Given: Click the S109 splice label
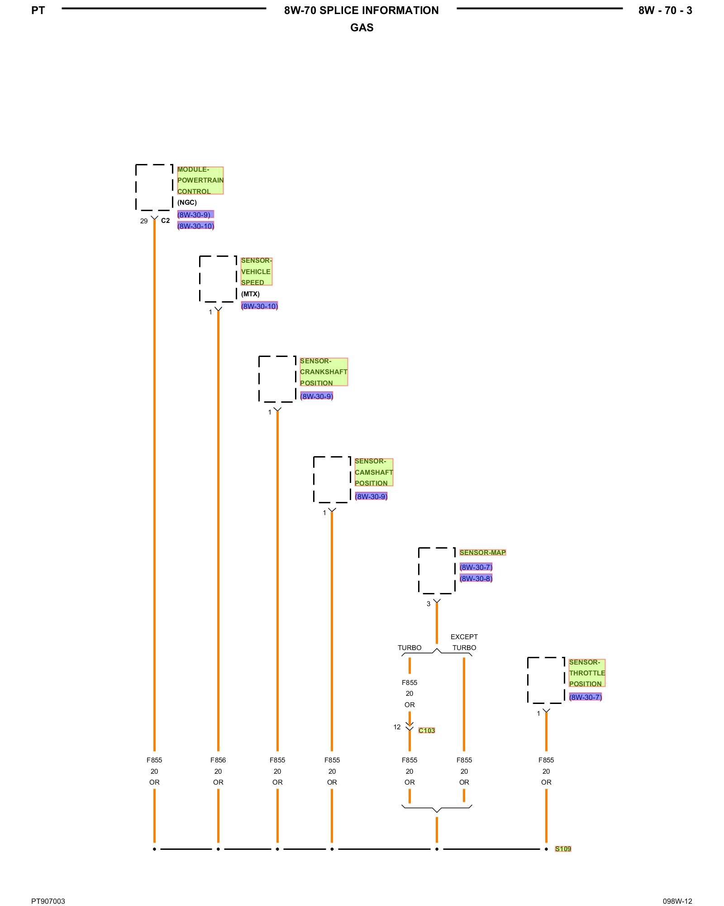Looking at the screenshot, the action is coord(563,848).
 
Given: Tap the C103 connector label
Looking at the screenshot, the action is coord(426,730).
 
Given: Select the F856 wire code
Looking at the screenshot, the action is coord(218,760).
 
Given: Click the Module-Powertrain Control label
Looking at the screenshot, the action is coord(200,180).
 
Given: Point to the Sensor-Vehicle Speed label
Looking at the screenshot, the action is coord(256,271).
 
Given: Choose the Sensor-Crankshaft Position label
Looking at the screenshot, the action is coord(324,372).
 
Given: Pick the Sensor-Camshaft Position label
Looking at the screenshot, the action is coord(374,472).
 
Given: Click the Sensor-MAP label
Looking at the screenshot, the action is coord(482,552).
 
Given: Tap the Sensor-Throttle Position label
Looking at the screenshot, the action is coord(587,673).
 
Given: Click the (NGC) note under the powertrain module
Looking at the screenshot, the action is coord(187,202).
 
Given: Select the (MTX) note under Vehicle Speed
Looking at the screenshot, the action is coord(250,294).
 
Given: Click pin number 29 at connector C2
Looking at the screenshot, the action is coord(144,221).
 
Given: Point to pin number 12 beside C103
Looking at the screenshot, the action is coord(397,727).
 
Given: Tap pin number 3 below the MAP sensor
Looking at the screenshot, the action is coord(429,604).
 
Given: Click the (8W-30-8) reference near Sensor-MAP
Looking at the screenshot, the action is coord(476,578).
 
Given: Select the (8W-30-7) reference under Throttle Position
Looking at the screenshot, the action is coord(585,697).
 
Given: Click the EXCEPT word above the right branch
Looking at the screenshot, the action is coord(464,636).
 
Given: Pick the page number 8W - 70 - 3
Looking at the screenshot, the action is coord(665,10).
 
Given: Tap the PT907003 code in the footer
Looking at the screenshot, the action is coord(48,901).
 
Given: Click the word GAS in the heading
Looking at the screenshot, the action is coord(362,28).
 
